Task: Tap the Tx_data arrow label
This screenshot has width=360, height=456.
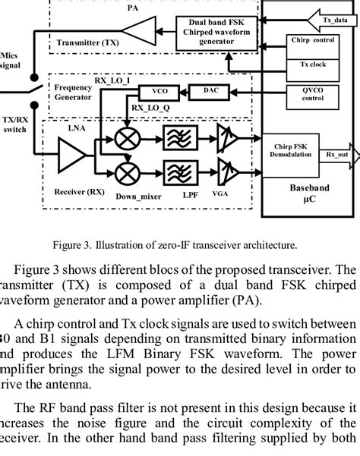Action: coord(336,20)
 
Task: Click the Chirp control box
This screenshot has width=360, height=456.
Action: coord(311,39)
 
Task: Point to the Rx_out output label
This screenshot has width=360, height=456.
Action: coord(337,154)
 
